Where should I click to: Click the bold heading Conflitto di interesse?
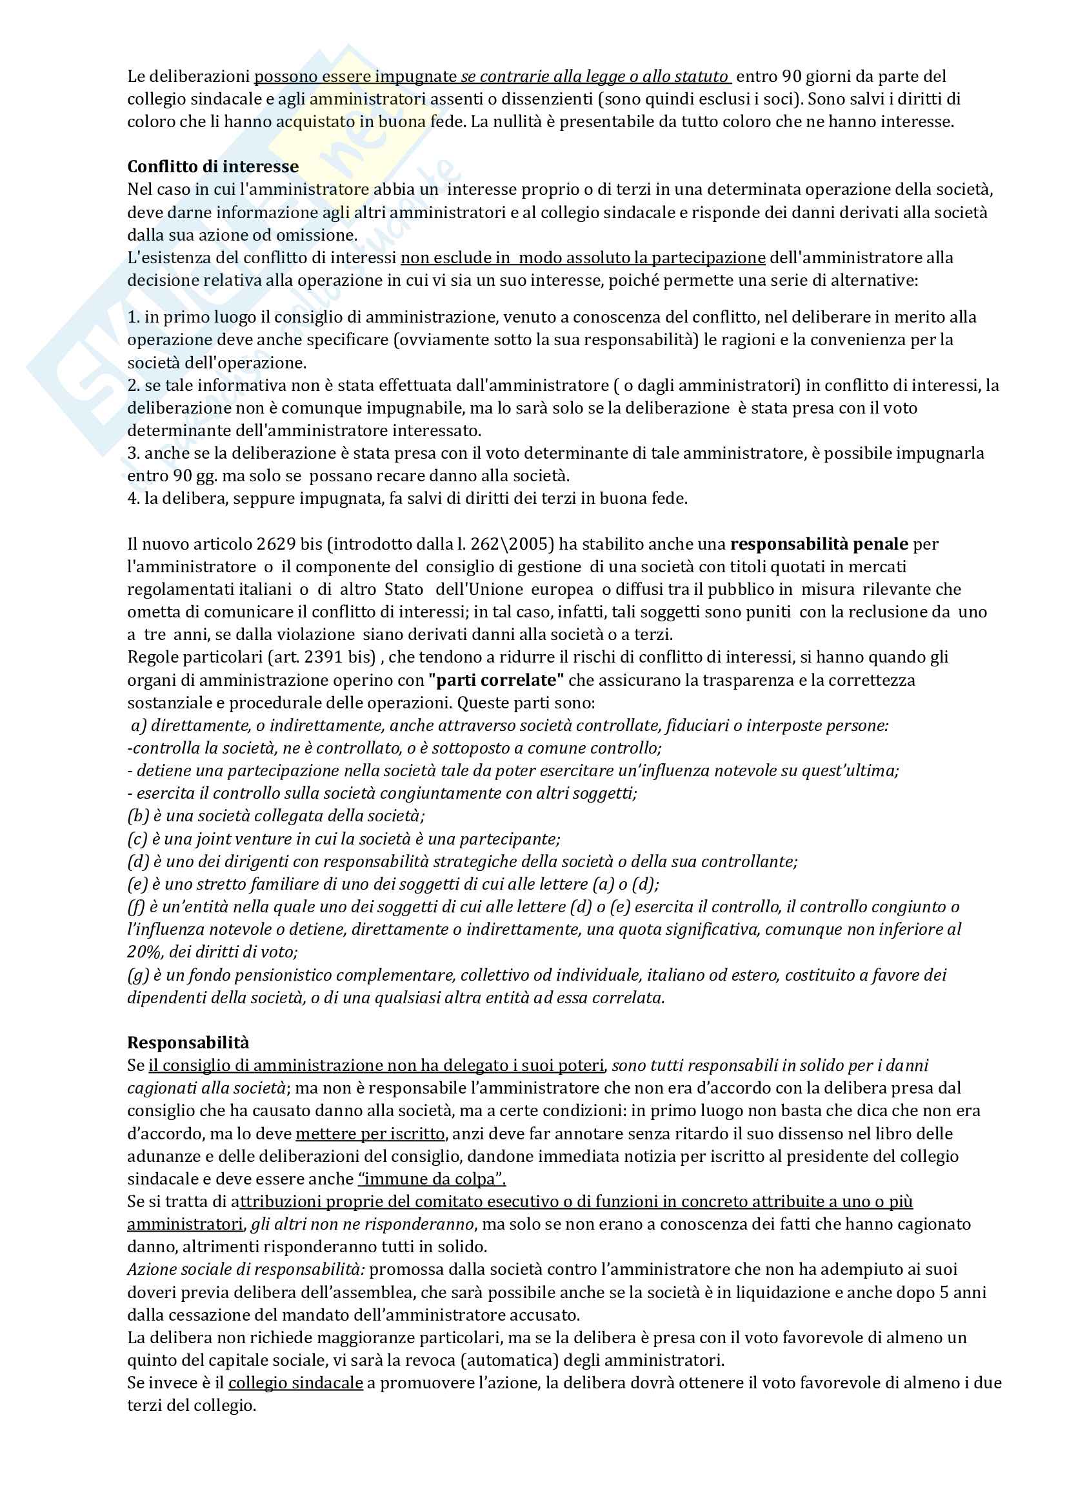pyautogui.click(x=213, y=167)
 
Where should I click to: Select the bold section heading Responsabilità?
pyautogui.click(x=188, y=1043)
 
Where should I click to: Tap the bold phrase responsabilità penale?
pyautogui.click(x=819, y=545)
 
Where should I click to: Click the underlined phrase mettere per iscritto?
pyautogui.click(x=370, y=1134)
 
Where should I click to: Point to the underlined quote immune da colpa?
pyautogui.click(x=432, y=1179)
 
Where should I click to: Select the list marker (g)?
pyautogui.click(x=138, y=975)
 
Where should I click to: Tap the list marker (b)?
pyautogui.click(x=138, y=816)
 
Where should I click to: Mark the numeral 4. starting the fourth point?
pyautogui.click(x=134, y=499)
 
